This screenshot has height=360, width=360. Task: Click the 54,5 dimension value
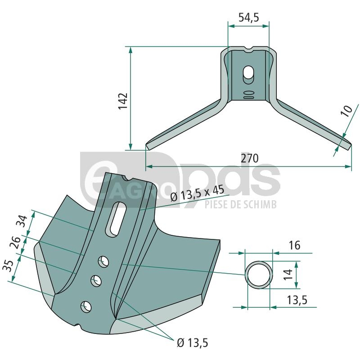coord(249,17)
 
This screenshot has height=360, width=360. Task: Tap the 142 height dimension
coord(123,101)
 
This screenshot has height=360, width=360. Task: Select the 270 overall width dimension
coord(250,158)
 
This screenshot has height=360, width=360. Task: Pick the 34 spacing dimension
coord(23,221)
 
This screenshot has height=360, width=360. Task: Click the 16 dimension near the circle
coord(294,245)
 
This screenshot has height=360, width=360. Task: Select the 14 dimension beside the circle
coord(288,274)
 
